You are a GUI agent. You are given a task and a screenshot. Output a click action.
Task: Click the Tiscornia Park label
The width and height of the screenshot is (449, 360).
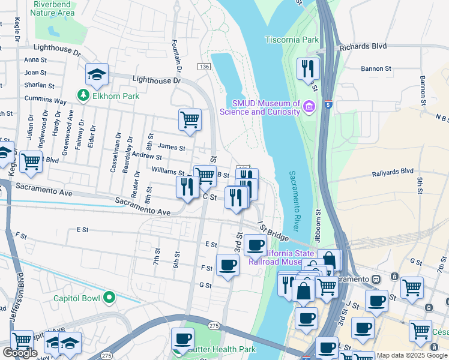pos(292,40)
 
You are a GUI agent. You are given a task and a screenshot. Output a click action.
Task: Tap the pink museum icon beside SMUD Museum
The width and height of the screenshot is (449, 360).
pos(310,106)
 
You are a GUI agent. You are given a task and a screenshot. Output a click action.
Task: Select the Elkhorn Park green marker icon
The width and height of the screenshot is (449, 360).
pos(82,95)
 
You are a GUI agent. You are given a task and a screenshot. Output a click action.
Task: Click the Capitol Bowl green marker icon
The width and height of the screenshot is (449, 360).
pos(109,296)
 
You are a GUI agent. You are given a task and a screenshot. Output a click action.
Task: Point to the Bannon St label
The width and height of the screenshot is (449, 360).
pos(376,69)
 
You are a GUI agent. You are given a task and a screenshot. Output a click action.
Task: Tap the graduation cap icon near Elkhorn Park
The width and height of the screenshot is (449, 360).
pos(97,74)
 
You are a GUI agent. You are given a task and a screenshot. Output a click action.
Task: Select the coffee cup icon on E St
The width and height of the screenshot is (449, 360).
pos(255,245)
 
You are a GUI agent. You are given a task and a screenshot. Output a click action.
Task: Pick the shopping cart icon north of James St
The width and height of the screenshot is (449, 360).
pos(190,119)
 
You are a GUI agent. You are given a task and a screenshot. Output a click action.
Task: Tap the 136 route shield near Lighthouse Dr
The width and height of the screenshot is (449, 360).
pos(205,67)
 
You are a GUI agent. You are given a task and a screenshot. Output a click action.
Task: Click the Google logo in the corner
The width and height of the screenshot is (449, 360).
pos(20,353)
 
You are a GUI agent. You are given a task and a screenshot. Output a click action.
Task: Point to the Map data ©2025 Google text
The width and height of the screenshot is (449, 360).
pos(412,355)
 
